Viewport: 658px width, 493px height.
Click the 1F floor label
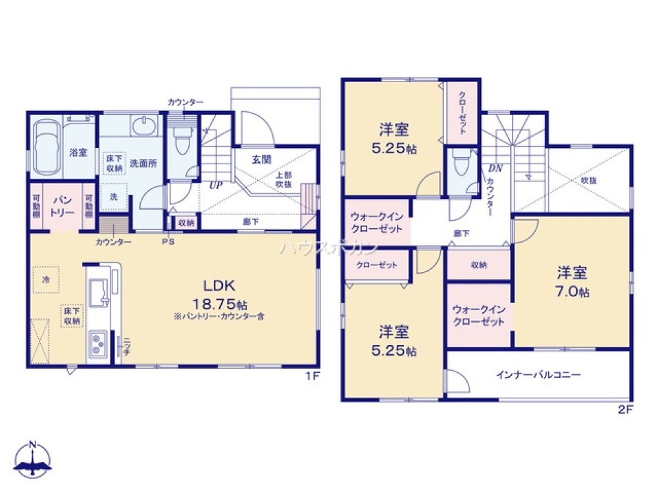[312, 377]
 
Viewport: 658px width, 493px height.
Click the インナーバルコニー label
[538, 375]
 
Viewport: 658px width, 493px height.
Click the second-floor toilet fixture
[461, 162]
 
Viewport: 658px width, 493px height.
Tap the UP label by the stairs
[215, 185]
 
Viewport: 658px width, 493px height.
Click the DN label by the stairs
[495, 168]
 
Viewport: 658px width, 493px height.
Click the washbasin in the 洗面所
[143, 125]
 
